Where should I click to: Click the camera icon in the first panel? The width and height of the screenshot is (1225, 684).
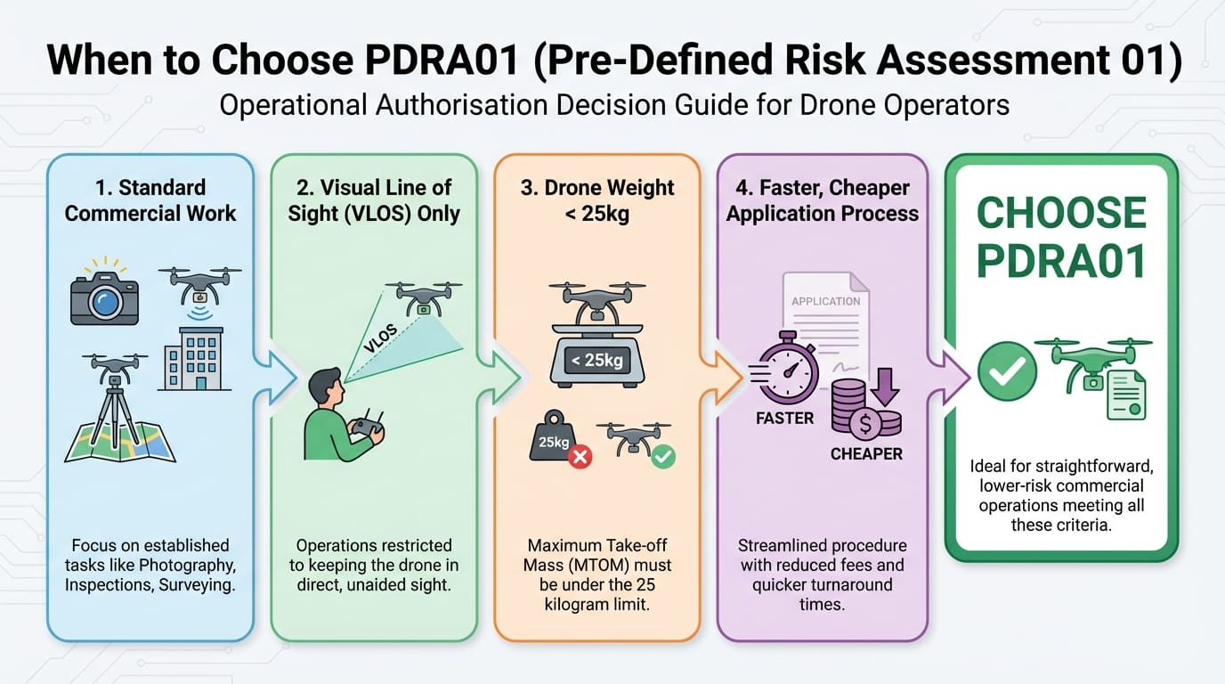[105, 296]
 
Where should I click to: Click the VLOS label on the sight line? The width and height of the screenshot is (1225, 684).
[380, 340]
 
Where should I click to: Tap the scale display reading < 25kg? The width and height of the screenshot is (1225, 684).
[597, 361]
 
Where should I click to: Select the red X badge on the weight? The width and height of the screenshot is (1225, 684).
[580, 457]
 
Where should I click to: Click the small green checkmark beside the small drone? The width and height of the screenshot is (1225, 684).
[663, 456]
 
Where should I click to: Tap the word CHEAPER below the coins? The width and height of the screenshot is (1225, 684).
[866, 454]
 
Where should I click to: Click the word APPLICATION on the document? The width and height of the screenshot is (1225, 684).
[825, 301]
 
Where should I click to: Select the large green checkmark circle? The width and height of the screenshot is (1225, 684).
[1007, 371]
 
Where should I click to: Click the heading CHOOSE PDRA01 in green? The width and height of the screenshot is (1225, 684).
[1060, 236]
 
